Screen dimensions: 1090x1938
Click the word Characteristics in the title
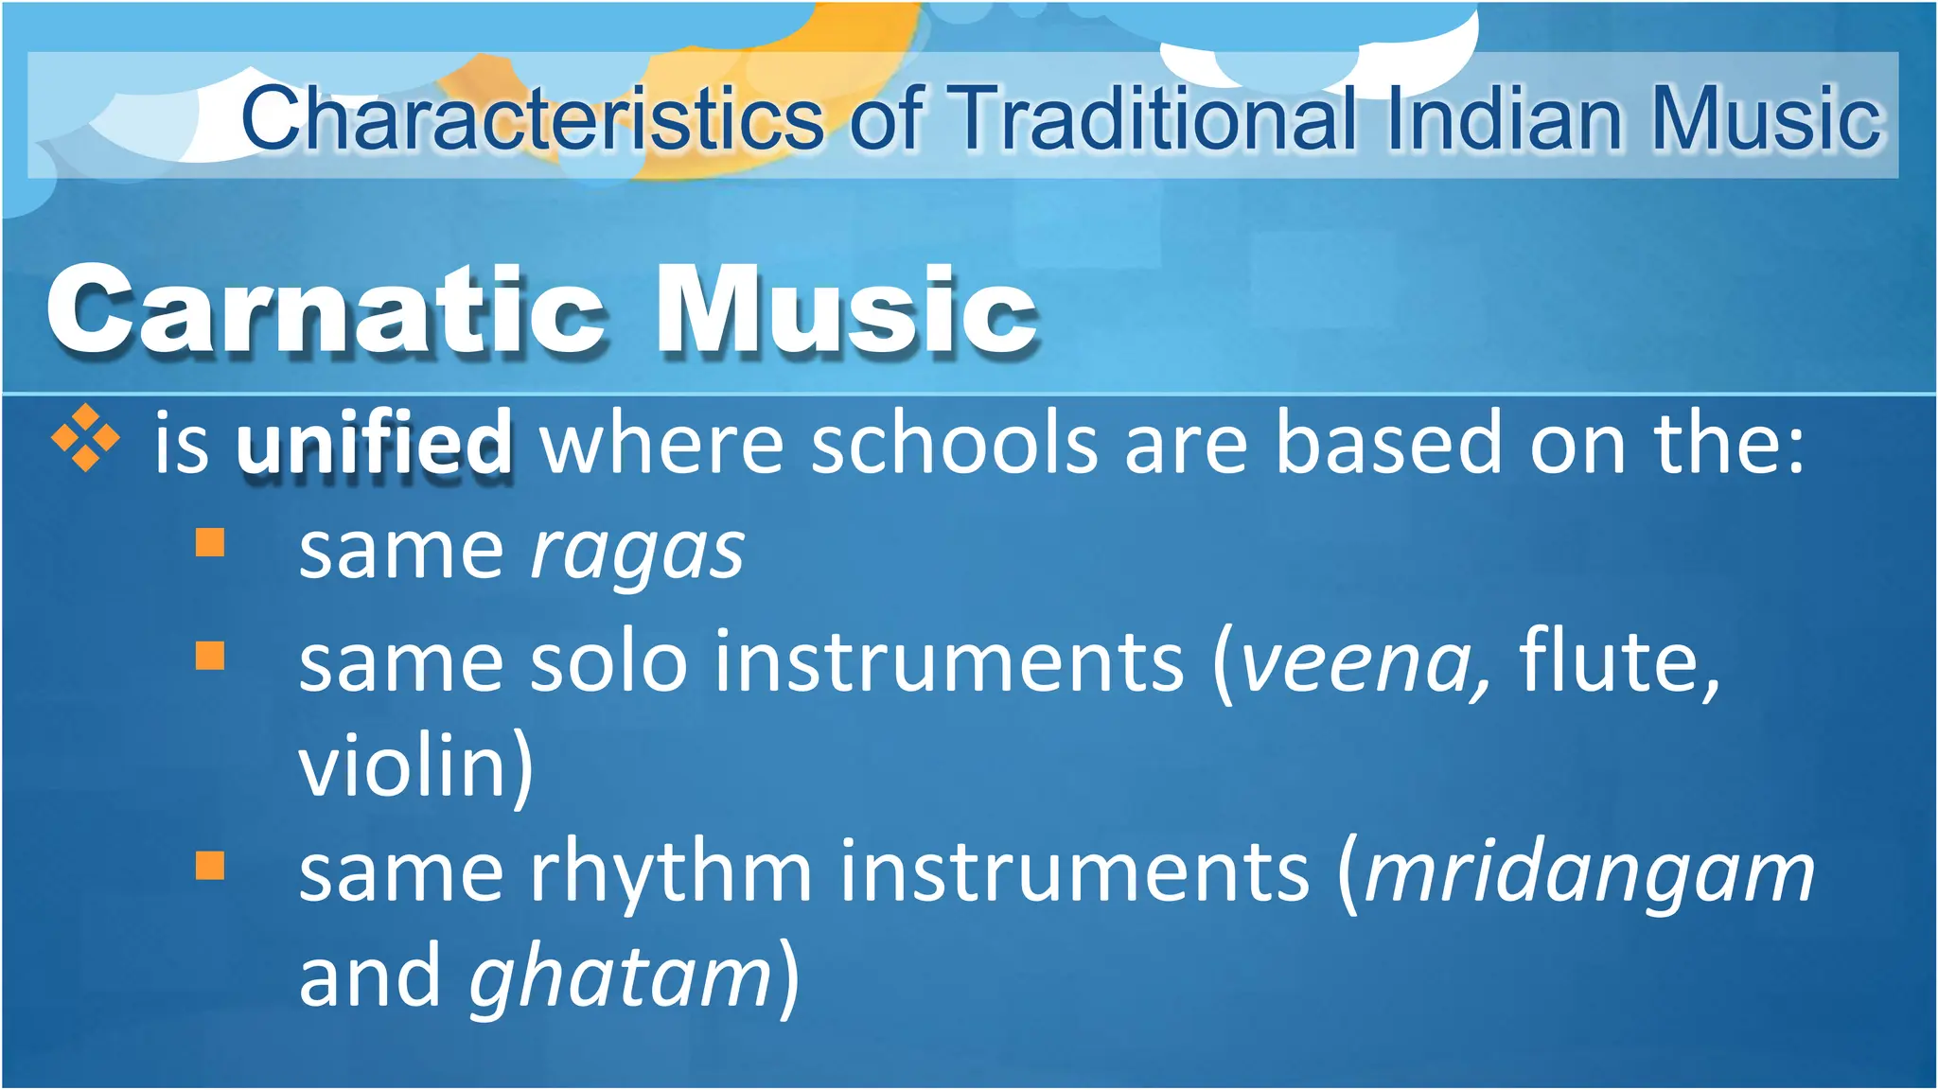(532, 118)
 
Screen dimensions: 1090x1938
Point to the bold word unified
(375, 443)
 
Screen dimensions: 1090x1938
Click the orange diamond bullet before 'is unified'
(85, 438)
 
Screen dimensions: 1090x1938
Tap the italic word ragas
(637, 552)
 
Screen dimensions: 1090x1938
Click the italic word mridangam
(1589, 873)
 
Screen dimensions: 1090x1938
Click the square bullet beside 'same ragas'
(210, 543)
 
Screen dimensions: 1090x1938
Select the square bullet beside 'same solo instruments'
(210, 655)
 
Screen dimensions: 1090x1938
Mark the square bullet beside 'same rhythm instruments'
(210, 866)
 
